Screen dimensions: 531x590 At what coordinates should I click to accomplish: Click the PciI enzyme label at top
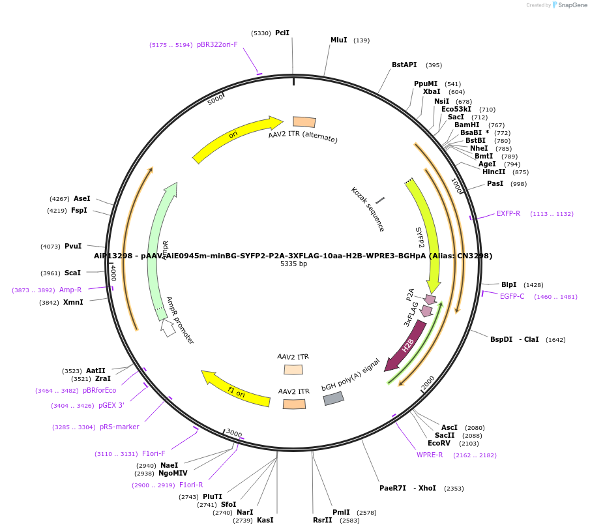282,33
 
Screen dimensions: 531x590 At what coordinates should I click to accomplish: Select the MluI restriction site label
338,40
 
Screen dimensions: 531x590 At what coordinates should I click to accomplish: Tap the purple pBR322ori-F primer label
217,45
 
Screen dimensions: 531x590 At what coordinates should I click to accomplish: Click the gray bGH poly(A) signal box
334,398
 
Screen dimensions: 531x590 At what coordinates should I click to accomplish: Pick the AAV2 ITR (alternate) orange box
304,122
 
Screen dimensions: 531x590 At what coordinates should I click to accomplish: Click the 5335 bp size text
293,264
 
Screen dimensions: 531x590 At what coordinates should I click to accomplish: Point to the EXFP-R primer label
508,214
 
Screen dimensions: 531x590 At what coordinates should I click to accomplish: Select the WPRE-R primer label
430,455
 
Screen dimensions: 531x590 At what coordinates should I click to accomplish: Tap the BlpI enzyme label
509,284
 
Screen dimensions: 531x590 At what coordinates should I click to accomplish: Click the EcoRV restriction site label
439,444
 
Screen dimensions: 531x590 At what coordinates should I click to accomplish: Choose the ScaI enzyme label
72,273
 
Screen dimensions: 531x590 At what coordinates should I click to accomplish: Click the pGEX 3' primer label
111,405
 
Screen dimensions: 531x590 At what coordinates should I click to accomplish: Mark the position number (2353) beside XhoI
454,489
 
